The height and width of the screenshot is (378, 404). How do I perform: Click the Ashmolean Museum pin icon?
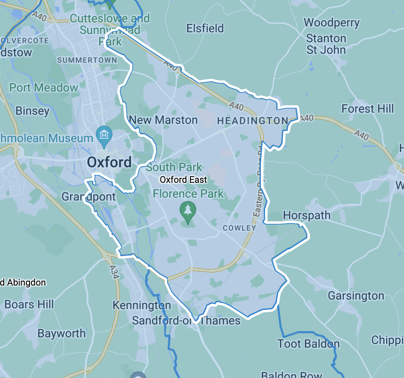(x=104, y=134)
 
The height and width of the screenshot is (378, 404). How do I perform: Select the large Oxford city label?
(x=109, y=162)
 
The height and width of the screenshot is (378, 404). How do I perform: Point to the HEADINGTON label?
(x=253, y=121)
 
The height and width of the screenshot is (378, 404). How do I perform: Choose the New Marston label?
(x=163, y=120)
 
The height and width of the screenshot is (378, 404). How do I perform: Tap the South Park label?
(x=174, y=167)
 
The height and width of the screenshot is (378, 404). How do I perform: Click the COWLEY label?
(x=239, y=228)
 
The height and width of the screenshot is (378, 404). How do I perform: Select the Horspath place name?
(x=307, y=215)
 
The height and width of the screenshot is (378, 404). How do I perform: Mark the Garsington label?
(x=356, y=296)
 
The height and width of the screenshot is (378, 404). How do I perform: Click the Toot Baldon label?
(x=308, y=344)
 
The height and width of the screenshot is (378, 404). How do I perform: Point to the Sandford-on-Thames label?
(x=186, y=320)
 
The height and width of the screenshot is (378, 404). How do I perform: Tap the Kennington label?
(x=141, y=305)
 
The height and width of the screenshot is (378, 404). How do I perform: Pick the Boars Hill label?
(x=29, y=304)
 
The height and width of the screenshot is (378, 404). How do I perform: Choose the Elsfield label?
(x=205, y=28)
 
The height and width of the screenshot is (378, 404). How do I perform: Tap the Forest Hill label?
(x=367, y=109)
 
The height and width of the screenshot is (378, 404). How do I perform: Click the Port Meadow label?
(x=44, y=87)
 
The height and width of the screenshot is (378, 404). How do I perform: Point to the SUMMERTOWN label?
(x=87, y=60)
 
